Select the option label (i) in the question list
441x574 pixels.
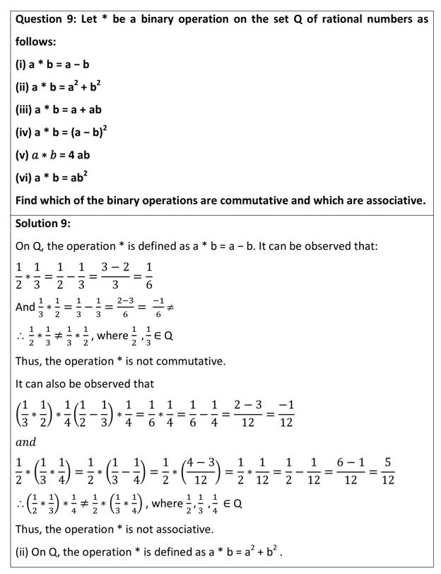point(21,64)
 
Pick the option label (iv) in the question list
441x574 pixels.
point(24,132)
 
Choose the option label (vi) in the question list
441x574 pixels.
point(24,178)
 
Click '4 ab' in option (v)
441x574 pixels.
point(77,155)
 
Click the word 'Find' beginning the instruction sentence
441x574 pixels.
point(28,200)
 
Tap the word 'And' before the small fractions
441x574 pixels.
point(25,307)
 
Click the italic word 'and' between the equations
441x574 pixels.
point(25,442)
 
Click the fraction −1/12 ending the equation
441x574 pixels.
point(286,413)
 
